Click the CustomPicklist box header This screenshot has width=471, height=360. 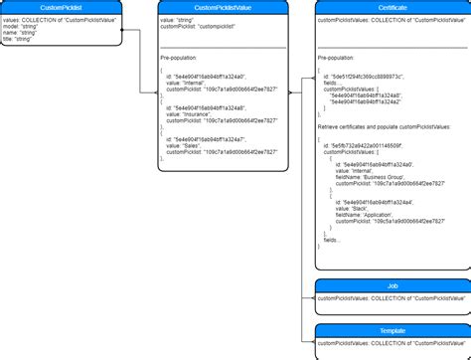[x=61, y=7]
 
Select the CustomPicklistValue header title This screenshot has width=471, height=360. [x=224, y=7]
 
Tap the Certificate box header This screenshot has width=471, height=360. [x=392, y=7]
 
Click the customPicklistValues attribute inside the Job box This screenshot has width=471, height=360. [x=392, y=297]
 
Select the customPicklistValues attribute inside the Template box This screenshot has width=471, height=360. [x=392, y=342]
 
